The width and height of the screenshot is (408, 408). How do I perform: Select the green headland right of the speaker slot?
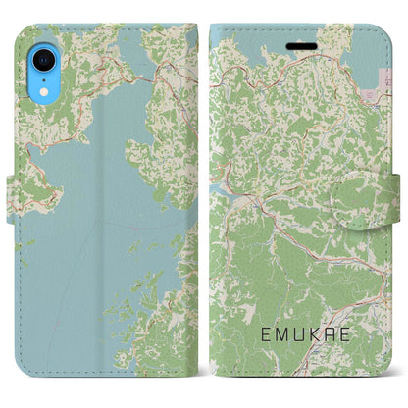338,44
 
